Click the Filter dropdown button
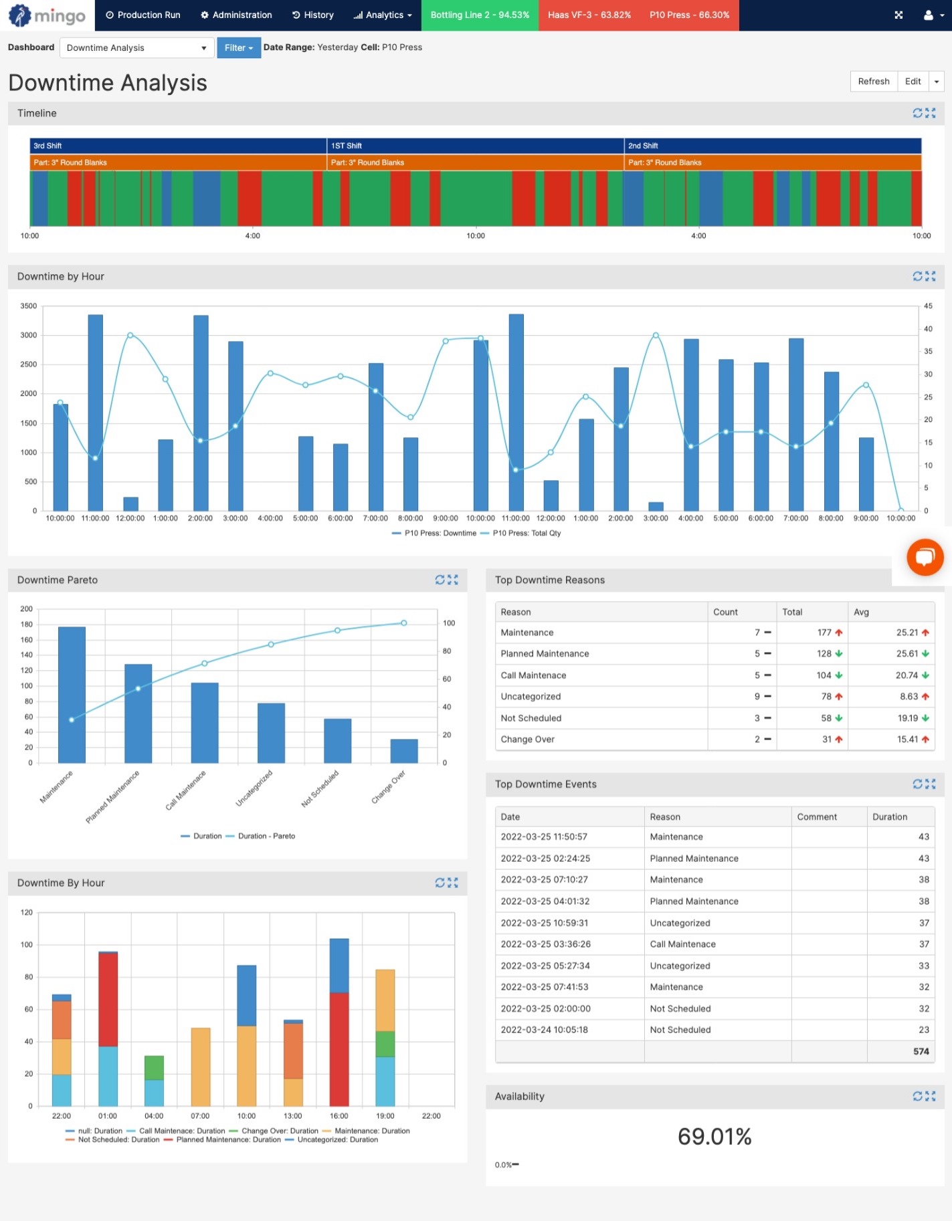[238, 47]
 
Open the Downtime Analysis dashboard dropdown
[136, 47]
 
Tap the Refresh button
[873, 82]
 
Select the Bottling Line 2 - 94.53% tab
[479, 15]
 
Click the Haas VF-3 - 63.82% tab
[589, 15]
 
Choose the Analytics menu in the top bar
[383, 15]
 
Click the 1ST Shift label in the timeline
[347, 146]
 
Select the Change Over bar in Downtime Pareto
[403, 750]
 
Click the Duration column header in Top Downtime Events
[889, 817]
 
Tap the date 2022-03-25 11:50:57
[544, 837]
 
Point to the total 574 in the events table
[921, 1052]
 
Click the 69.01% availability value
[714, 1137]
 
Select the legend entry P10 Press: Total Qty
[526, 534]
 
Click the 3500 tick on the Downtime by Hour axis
[29, 306]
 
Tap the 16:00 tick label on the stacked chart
[339, 1116]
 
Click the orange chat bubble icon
[925, 557]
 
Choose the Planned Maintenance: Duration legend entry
[227, 1140]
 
